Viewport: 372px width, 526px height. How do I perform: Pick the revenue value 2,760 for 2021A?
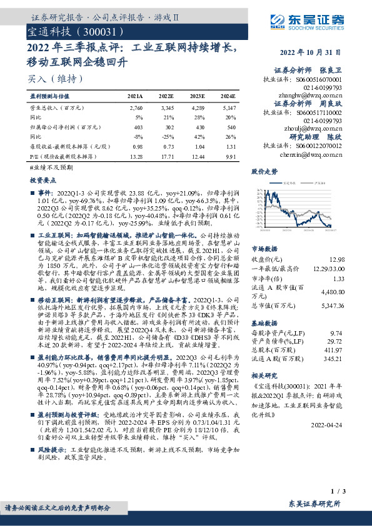coord(135,109)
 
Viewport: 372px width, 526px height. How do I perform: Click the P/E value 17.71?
coord(166,157)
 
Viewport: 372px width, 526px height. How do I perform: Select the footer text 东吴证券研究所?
coord(315,504)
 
